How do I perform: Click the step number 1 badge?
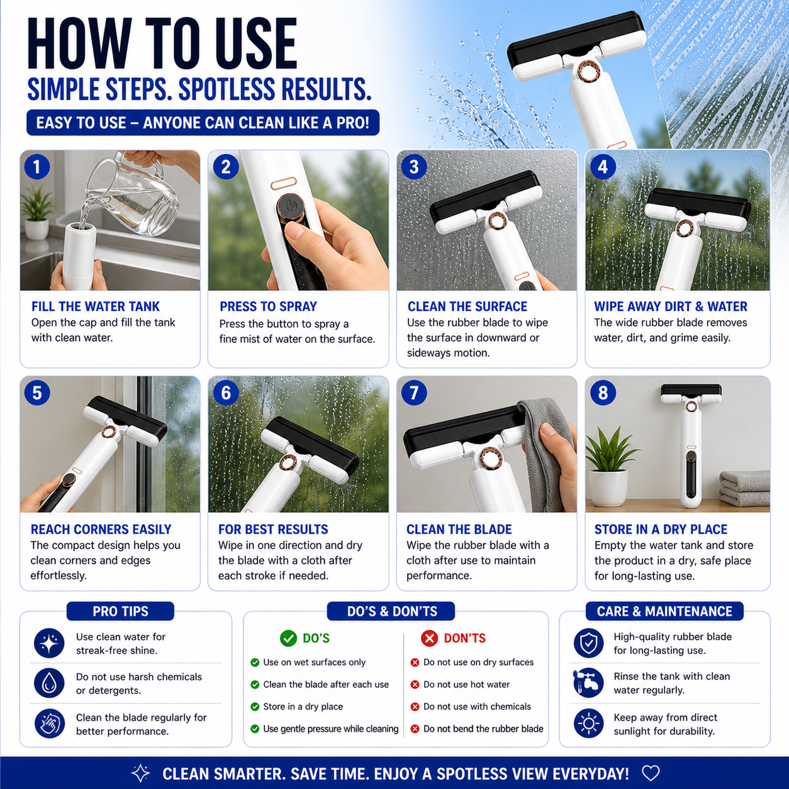pos(37,167)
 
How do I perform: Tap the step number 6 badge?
pos(226,393)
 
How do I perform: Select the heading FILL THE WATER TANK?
pos(96,306)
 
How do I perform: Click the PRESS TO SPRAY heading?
pos(268,306)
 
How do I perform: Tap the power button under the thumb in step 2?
pos(290,208)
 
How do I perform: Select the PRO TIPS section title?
pos(120,611)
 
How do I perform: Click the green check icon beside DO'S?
pos(288,638)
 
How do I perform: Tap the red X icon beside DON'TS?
pos(429,638)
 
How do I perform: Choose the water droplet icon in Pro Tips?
pos(49,683)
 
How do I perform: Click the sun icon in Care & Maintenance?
pos(588,724)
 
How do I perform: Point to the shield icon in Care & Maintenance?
pos(588,643)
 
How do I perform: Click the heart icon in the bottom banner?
pos(651,773)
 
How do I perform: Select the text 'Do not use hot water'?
pos(466,684)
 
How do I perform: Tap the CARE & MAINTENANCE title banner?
pos(664,611)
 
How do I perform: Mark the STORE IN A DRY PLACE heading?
pos(661,529)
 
